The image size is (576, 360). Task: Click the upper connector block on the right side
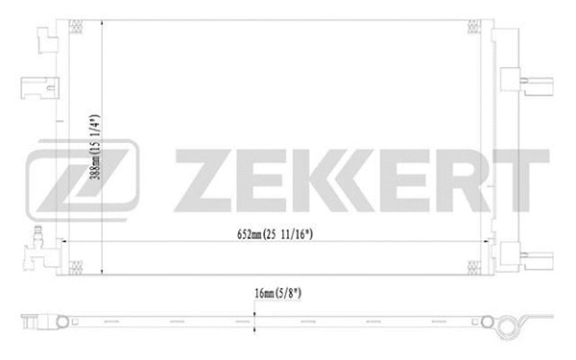coord(530,83)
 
